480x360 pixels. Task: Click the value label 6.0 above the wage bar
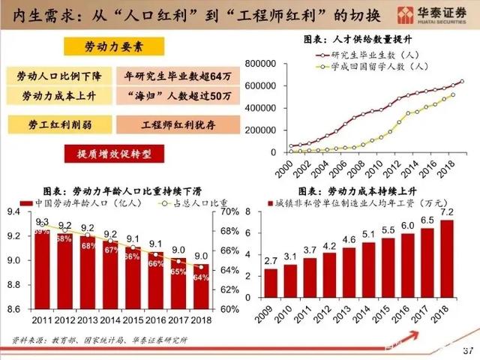click(x=407, y=225)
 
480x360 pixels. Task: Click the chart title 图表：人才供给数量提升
click(x=361, y=38)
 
